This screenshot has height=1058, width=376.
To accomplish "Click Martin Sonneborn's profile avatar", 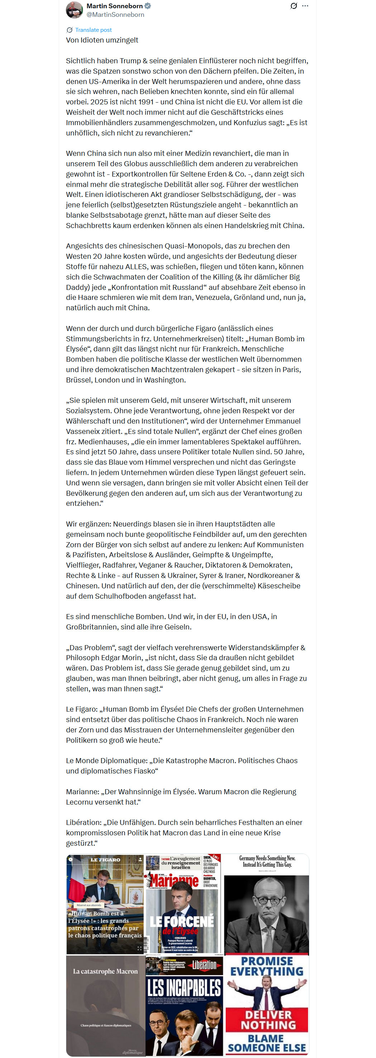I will [74, 10].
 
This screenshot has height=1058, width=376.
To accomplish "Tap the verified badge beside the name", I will [148, 6].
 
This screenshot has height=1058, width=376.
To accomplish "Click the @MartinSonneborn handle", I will [115, 15].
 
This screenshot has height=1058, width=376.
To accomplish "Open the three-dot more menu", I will [305, 6].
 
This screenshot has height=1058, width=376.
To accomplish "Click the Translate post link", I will [93, 30].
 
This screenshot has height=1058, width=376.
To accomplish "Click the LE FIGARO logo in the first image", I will [105, 860].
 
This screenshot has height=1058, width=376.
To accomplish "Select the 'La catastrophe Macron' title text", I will [105, 972].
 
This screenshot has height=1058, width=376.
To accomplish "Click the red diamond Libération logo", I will [205, 965].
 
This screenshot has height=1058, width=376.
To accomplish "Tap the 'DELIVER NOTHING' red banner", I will [267, 1020].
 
